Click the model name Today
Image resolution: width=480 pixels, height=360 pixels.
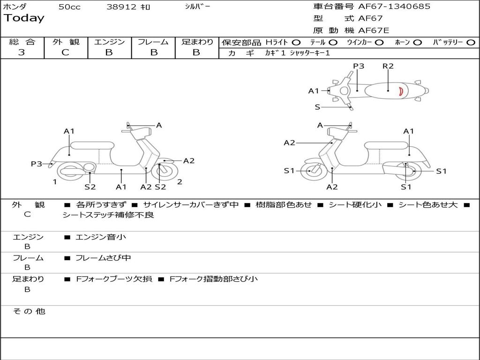[x=24, y=18]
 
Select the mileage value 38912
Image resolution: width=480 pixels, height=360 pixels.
[x=121, y=7]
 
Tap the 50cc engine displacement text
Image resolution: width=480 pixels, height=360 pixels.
[x=69, y=7]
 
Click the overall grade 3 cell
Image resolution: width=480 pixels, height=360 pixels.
[x=22, y=52]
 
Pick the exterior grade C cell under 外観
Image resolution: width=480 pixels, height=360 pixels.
[x=66, y=52]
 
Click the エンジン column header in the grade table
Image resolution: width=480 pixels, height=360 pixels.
[x=109, y=42]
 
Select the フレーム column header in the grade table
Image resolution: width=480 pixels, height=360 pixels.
[x=153, y=42]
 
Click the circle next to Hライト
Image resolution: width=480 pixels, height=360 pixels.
[x=297, y=42]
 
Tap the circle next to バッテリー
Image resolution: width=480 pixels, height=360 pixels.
[x=471, y=42]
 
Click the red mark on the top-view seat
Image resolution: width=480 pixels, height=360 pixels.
[x=401, y=91]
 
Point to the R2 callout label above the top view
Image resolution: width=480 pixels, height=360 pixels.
[x=388, y=66]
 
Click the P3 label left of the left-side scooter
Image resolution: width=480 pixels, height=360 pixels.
[x=37, y=164]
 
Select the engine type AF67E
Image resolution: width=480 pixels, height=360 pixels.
[x=373, y=31]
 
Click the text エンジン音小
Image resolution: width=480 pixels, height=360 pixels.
[x=101, y=237]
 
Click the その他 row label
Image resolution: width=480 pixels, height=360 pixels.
[x=28, y=311]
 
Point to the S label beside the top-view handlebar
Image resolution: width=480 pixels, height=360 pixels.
[x=317, y=107]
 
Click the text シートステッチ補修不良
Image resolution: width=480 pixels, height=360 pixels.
[x=108, y=215]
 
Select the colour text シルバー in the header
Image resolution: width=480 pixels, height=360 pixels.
[x=197, y=7]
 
